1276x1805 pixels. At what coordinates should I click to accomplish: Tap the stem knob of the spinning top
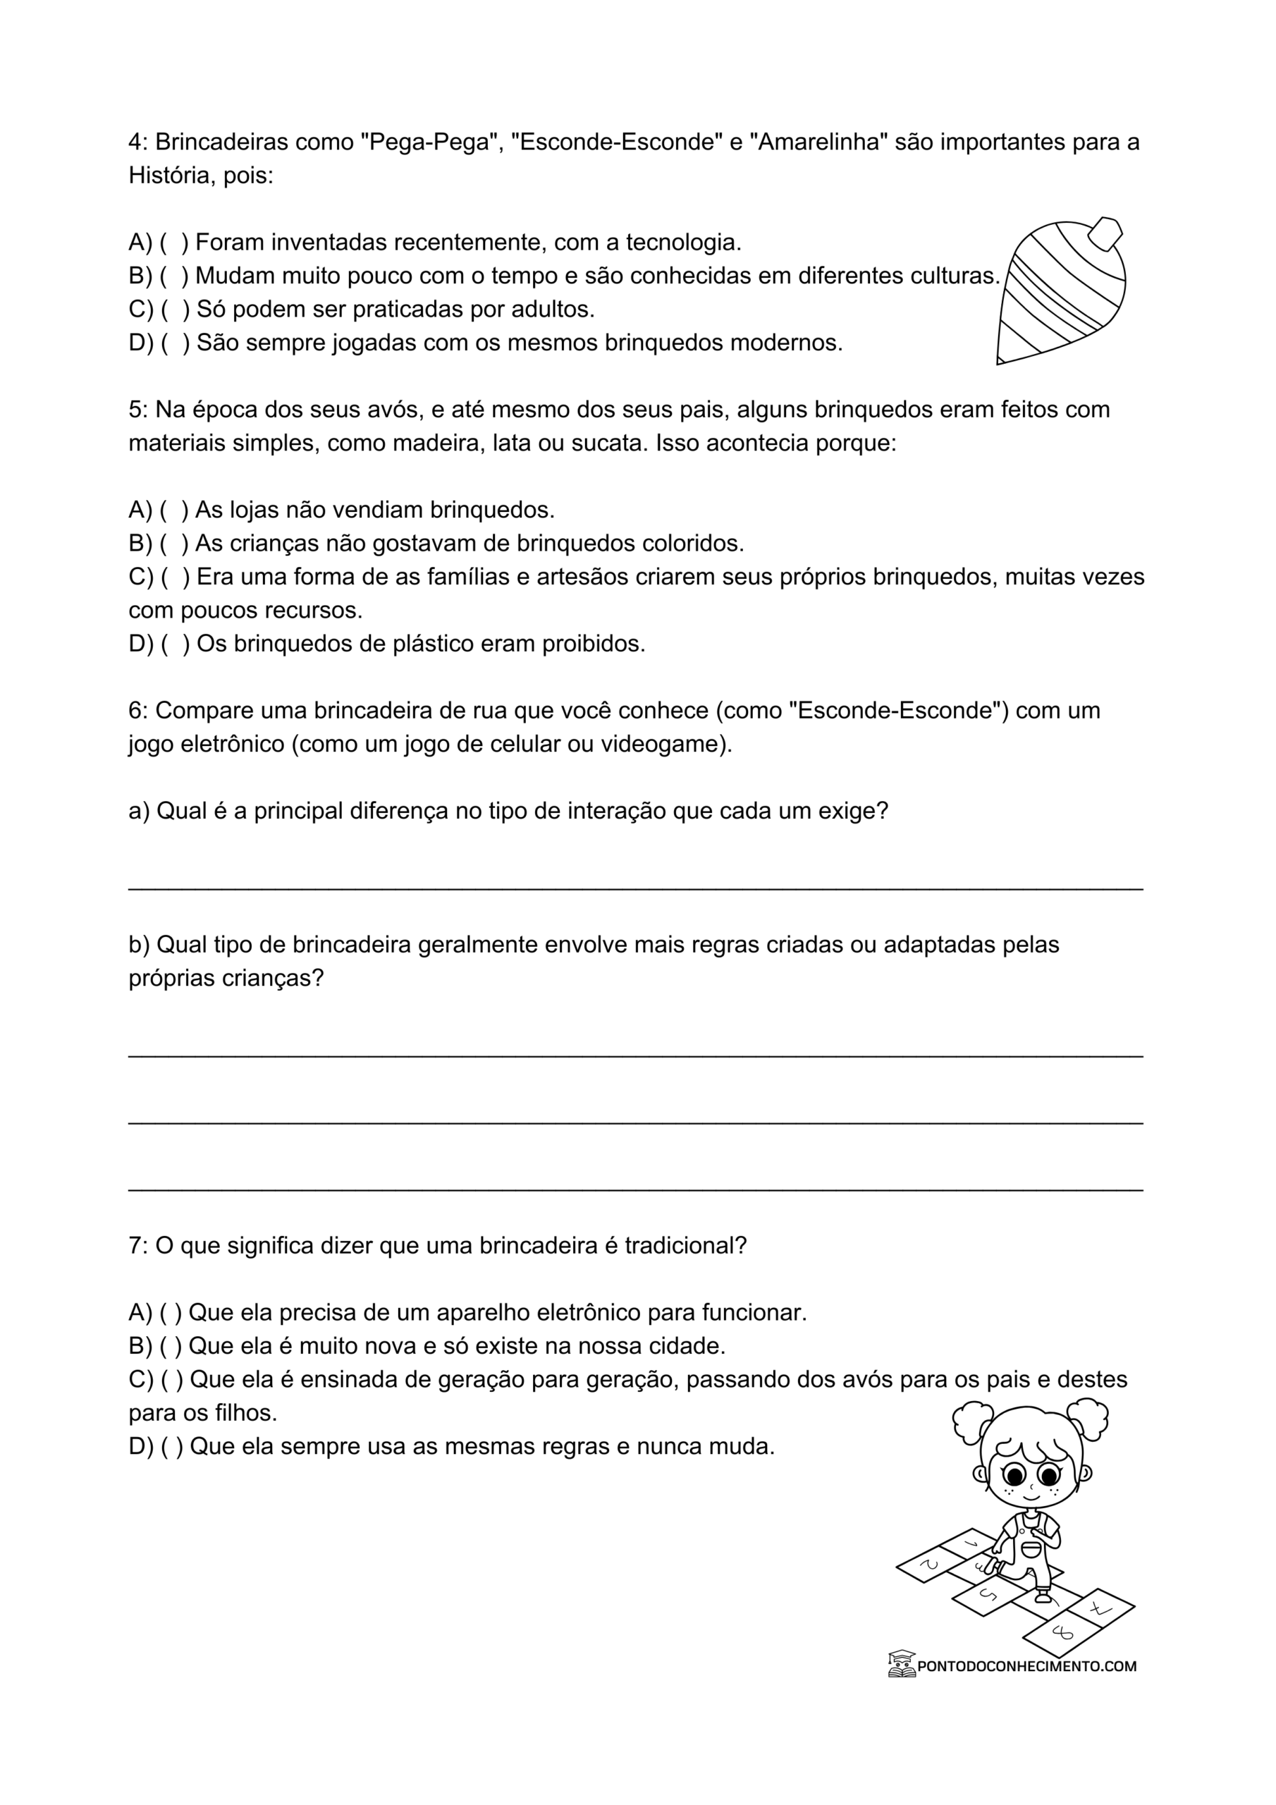coord(1105,233)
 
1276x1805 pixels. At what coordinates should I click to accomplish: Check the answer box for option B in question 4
coord(175,276)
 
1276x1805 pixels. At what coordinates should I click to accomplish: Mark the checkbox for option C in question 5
coord(176,577)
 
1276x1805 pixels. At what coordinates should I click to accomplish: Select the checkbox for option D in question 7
coord(172,1447)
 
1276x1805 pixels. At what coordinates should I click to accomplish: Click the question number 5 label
coord(137,410)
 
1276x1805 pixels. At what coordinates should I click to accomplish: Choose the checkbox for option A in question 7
coord(171,1313)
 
